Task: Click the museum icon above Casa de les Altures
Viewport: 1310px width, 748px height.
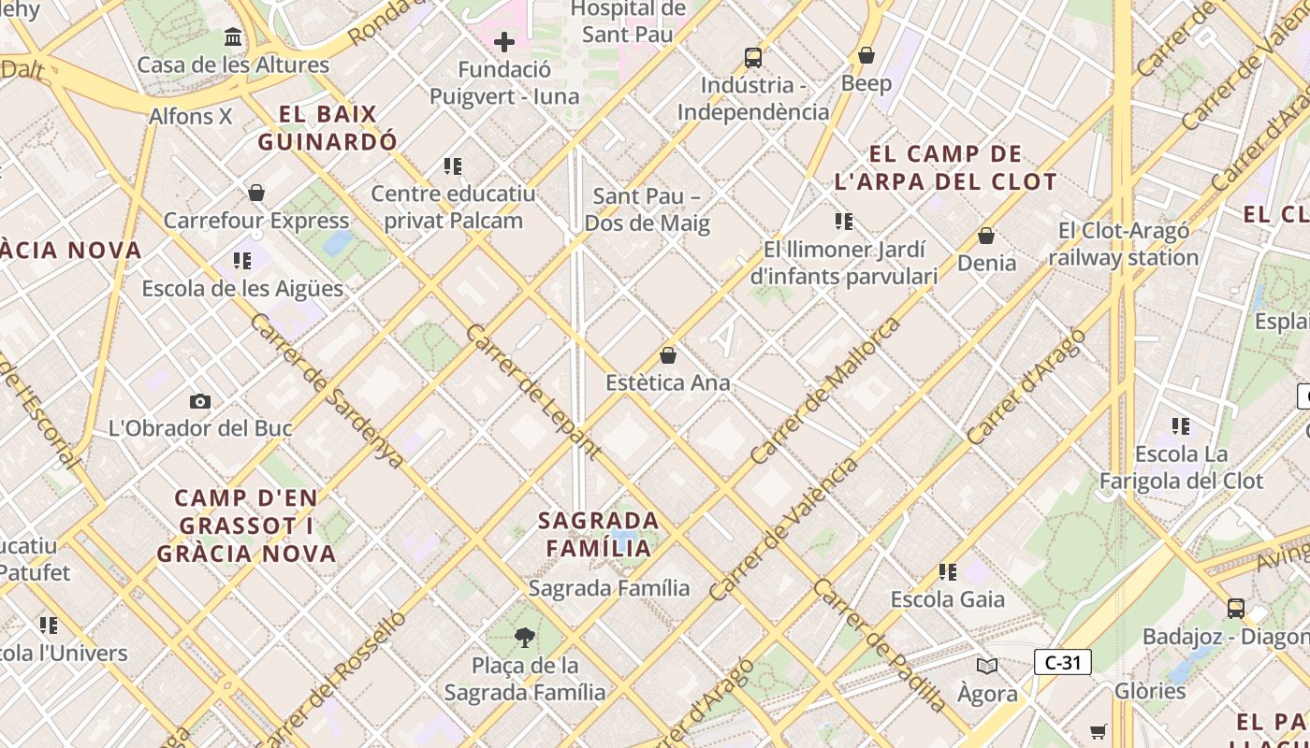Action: pyautogui.click(x=233, y=37)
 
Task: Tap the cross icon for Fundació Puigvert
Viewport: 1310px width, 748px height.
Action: pyautogui.click(x=504, y=42)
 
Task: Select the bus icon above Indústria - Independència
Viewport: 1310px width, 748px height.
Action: pyautogui.click(x=753, y=57)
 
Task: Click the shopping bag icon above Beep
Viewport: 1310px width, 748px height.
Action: pyautogui.click(x=866, y=55)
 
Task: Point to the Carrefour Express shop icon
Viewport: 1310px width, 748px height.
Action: pyautogui.click(x=256, y=193)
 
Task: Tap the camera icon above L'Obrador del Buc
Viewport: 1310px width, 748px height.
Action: pyautogui.click(x=200, y=401)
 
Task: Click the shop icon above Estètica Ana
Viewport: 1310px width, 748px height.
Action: pyautogui.click(x=668, y=355)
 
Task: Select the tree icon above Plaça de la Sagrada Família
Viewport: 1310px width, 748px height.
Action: pyautogui.click(x=525, y=638)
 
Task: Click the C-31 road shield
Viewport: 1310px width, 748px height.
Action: pyautogui.click(x=1063, y=663)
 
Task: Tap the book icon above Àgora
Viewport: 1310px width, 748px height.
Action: pyautogui.click(x=987, y=666)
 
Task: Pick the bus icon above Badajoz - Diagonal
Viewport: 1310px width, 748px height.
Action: pyautogui.click(x=1236, y=609)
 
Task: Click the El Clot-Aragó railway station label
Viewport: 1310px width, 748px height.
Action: pyautogui.click(x=1123, y=244)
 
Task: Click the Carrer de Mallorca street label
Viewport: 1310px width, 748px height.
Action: pyautogui.click(x=826, y=390)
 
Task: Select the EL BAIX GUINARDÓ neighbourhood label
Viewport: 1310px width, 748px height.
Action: pyautogui.click(x=327, y=128)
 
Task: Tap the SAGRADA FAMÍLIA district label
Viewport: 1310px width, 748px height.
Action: pyautogui.click(x=599, y=534)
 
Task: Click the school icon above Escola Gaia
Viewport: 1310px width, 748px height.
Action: pyautogui.click(x=948, y=571)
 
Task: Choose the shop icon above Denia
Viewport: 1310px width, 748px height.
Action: pyautogui.click(x=986, y=236)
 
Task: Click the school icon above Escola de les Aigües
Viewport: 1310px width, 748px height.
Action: pyautogui.click(x=242, y=261)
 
